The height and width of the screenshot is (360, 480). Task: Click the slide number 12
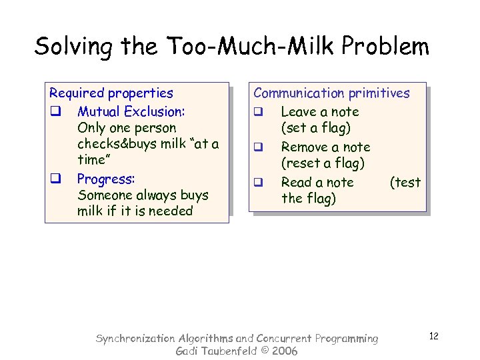point(433,336)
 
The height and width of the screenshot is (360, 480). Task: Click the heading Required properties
point(111,93)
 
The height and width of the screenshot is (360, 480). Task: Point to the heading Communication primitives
point(331,93)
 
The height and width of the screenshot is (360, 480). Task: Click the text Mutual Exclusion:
point(131,111)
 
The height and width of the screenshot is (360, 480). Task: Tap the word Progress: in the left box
point(106,179)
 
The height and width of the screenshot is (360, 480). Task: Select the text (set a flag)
point(315,128)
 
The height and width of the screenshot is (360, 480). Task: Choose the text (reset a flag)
point(323,163)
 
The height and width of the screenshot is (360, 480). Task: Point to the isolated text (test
point(405,183)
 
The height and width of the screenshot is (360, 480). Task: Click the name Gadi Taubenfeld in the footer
point(218,351)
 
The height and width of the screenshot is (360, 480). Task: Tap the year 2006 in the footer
point(283,351)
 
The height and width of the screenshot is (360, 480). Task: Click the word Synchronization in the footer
point(136,339)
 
